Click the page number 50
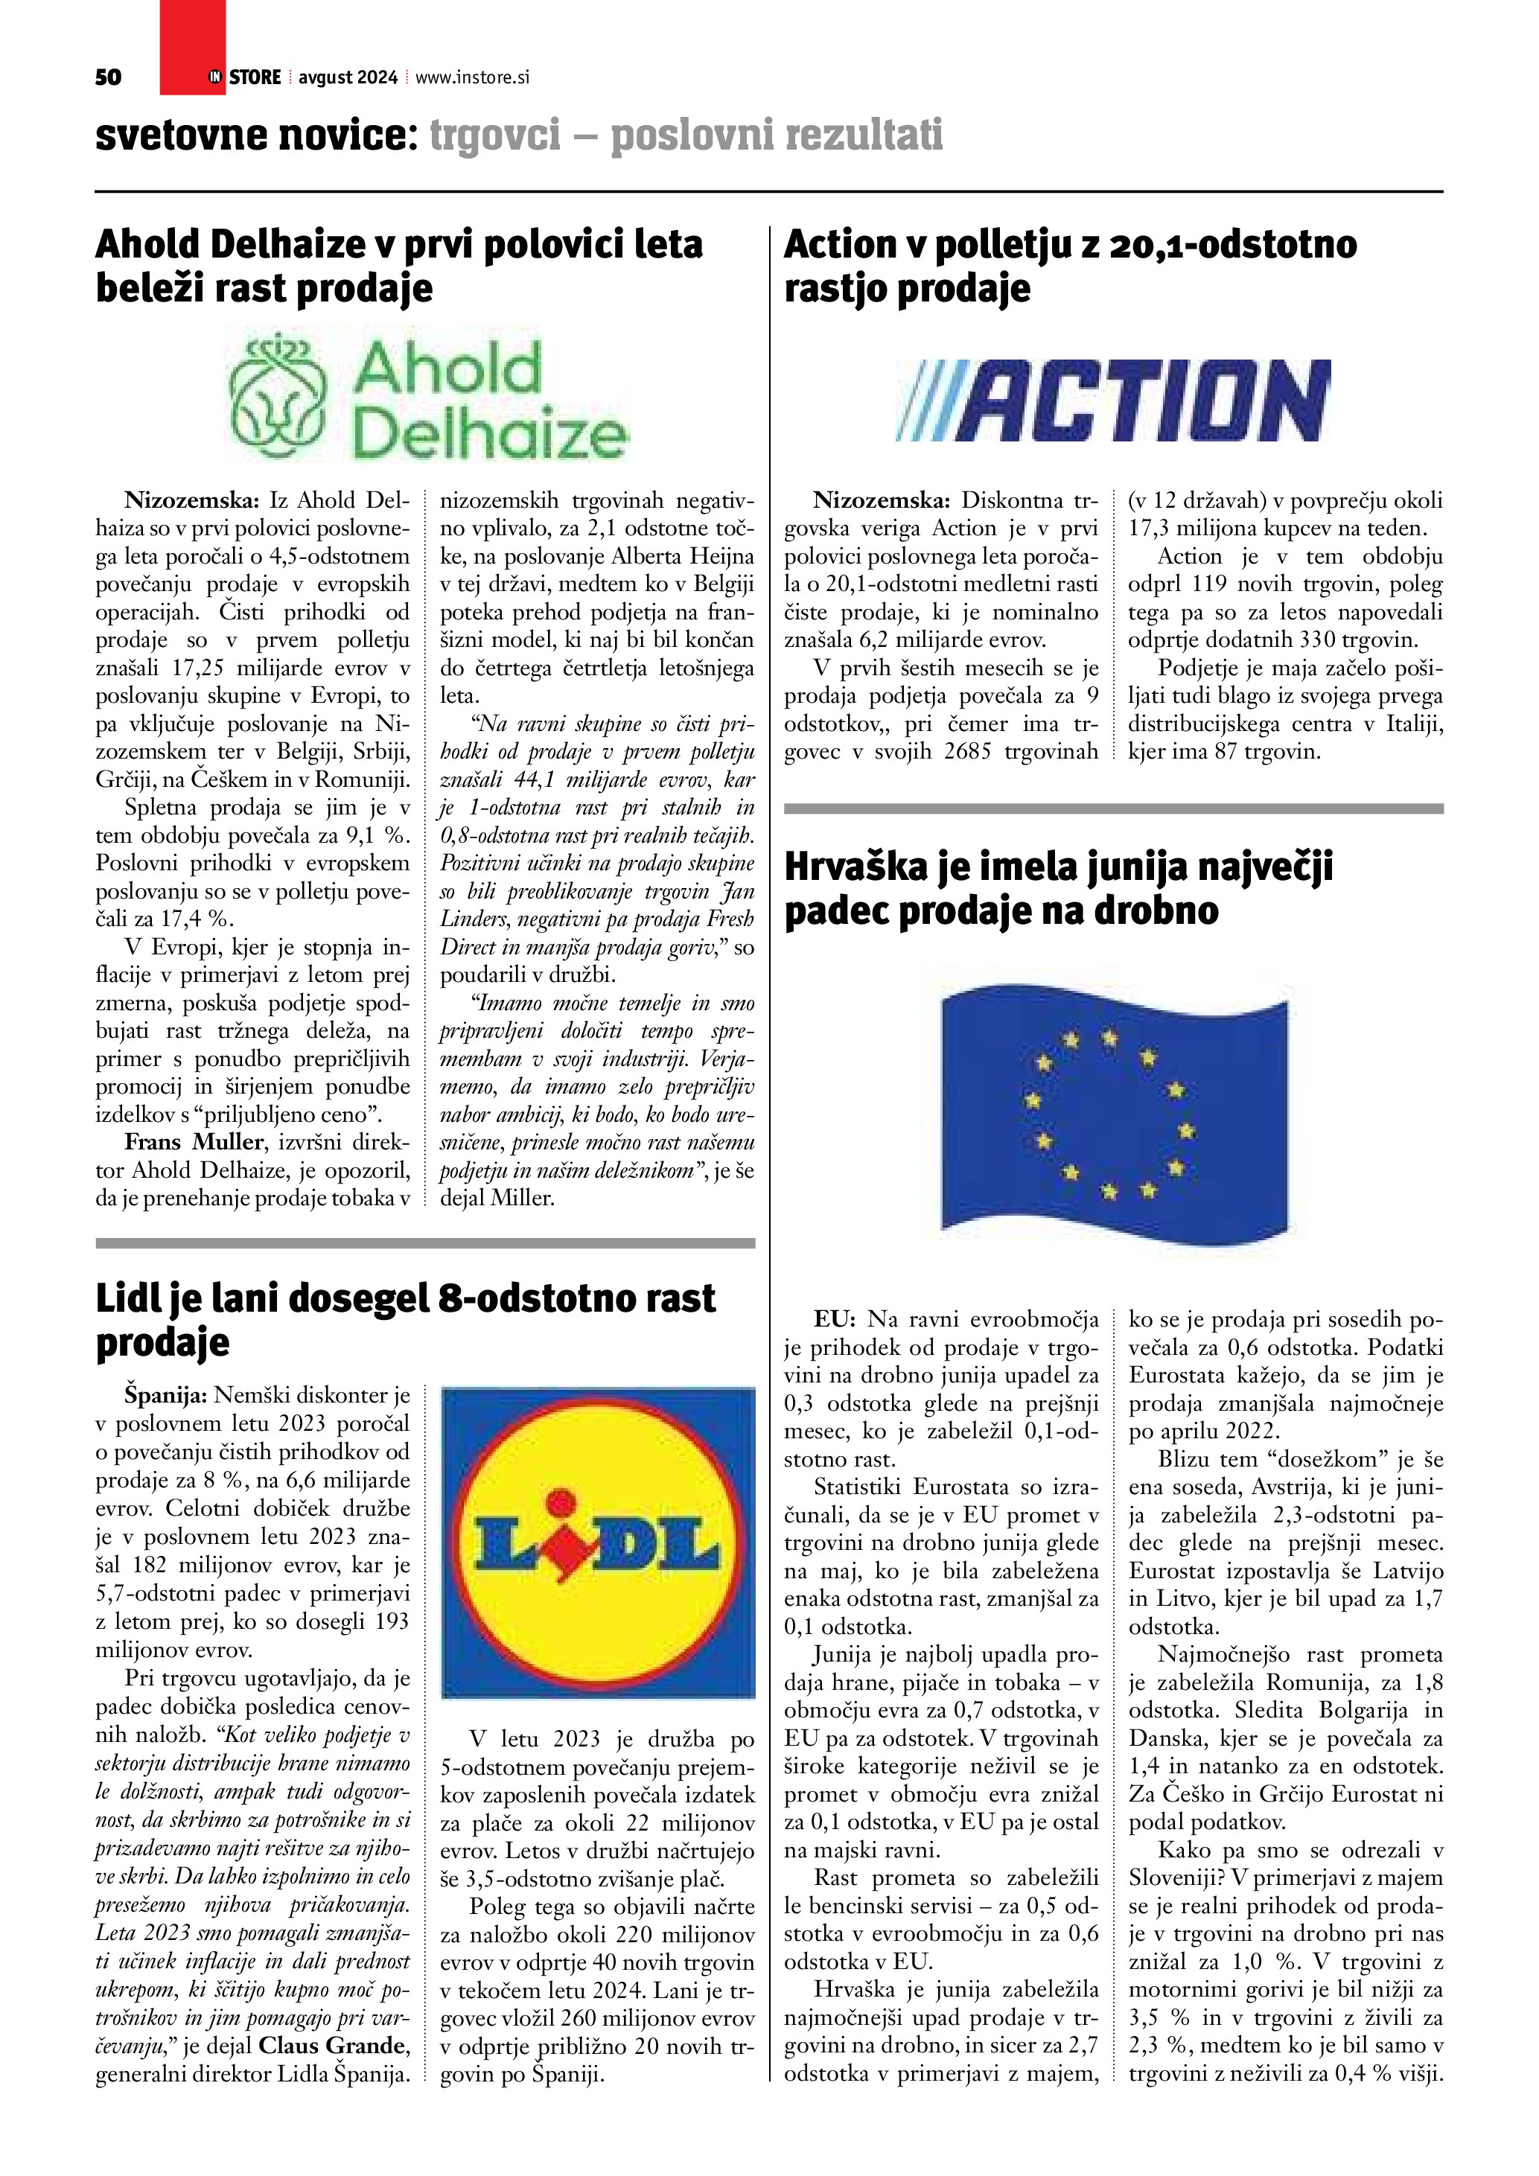coord(108,77)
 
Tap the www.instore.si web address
coord(472,77)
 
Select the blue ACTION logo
coord(1114,401)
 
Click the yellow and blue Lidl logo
coord(599,1541)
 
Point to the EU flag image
coord(1114,1113)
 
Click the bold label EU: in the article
coord(835,1319)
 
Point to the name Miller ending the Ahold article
coord(521,1198)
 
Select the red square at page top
coord(192,48)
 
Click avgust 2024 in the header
coord(347,77)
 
